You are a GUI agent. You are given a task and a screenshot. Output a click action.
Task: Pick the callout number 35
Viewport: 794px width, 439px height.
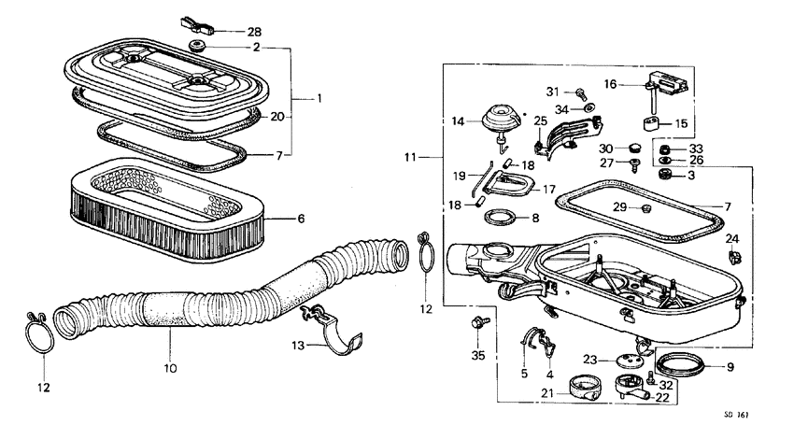(478, 355)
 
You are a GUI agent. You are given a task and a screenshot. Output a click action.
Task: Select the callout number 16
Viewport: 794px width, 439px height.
(610, 83)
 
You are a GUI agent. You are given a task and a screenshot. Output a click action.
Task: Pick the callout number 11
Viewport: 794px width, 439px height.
(412, 159)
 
